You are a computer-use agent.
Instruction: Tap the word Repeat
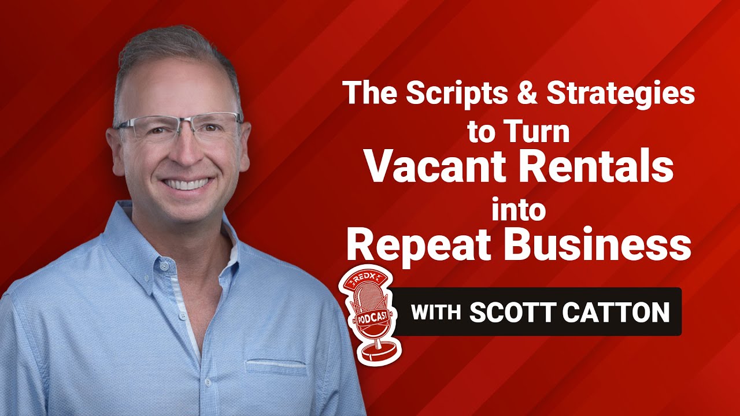click(416, 246)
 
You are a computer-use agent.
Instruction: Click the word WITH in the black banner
click(435, 313)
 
